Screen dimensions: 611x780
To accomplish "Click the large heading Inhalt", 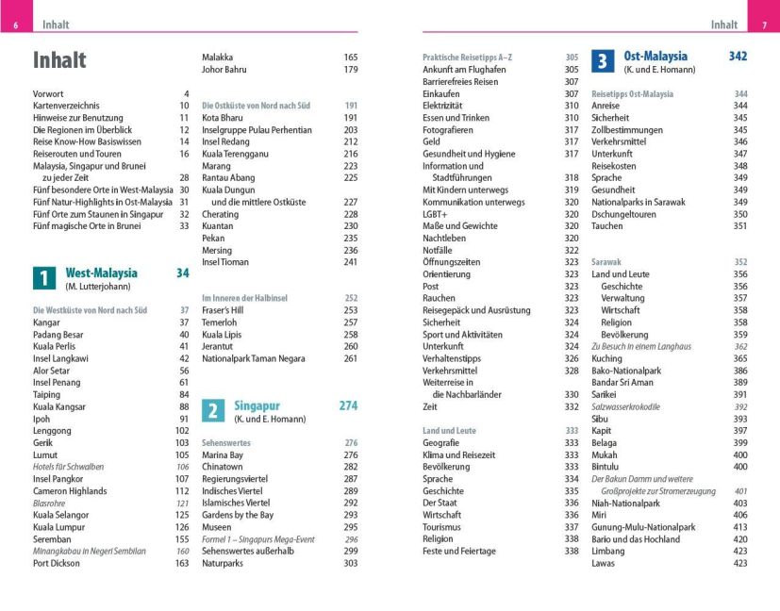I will (x=59, y=60).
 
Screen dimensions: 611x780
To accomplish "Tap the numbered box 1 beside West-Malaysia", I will (x=44, y=278).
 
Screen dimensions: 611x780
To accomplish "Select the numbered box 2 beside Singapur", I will (x=214, y=410).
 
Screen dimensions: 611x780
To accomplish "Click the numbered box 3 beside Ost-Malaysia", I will (x=603, y=61).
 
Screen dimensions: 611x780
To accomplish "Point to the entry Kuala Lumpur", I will (x=58, y=514).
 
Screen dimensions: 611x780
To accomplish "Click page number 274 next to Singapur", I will (x=348, y=405).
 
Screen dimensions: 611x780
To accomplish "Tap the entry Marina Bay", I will (x=223, y=454).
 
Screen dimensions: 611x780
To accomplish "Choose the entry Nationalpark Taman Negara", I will (x=252, y=358).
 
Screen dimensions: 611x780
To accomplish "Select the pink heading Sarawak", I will (x=606, y=261).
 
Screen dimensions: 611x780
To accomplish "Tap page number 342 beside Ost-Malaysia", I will (x=738, y=57).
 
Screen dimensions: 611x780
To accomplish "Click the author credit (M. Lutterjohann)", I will (x=97, y=286).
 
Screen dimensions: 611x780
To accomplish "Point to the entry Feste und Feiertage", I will (x=459, y=551).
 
